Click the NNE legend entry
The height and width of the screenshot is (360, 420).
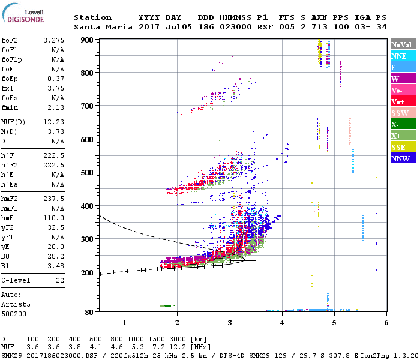(402, 56)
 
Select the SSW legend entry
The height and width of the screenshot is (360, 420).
(402, 113)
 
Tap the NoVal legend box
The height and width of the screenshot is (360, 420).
(402, 44)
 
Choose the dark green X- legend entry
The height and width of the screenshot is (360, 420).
(402, 124)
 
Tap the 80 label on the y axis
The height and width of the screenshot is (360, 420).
(89, 312)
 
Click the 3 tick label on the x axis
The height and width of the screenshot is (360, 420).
(230, 323)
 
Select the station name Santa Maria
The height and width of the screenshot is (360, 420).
(100, 28)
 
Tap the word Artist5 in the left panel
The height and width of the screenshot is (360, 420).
(14, 305)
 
